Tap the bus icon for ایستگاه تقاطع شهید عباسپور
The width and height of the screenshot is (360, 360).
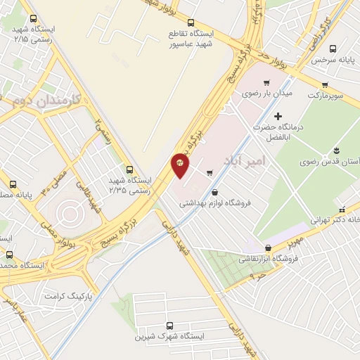click(x=192, y=22)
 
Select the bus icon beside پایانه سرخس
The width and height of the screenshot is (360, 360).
click(x=333, y=48)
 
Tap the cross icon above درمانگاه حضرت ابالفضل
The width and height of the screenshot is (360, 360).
click(x=278, y=115)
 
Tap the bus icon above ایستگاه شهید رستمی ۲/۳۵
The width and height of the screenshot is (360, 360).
click(x=129, y=169)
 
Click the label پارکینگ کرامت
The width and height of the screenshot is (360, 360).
click(x=67, y=295)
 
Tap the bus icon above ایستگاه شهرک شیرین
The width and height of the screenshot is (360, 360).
click(x=169, y=326)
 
